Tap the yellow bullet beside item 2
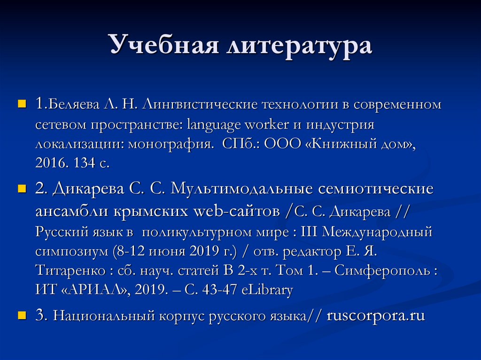coord(21,189)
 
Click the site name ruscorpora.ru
coord(375,315)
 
